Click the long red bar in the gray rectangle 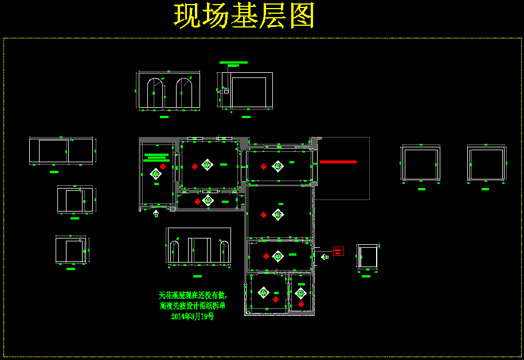point(338,162)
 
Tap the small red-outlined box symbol point(338,251)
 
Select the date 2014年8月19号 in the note point(193,316)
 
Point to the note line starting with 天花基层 point(193,295)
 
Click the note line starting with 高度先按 point(193,306)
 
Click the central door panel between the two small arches point(199,250)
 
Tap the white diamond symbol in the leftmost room point(155,173)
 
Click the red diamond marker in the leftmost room point(163,166)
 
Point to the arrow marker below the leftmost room point(156,214)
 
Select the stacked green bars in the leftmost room point(155,158)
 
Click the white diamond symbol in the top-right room point(277,166)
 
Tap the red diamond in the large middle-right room point(263,215)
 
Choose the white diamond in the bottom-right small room point(300,294)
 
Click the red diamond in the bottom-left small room point(275,299)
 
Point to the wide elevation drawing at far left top point(61,151)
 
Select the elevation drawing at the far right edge point(486,163)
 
